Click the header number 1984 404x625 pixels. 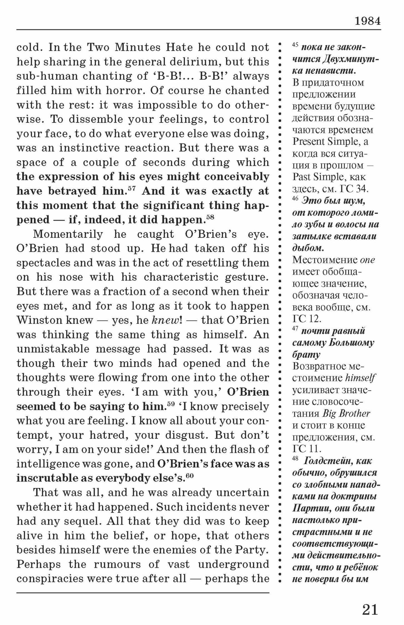click(367, 21)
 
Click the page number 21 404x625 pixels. click(370, 609)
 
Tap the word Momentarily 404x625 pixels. click(68, 234)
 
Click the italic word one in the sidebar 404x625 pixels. click(367, 260)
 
